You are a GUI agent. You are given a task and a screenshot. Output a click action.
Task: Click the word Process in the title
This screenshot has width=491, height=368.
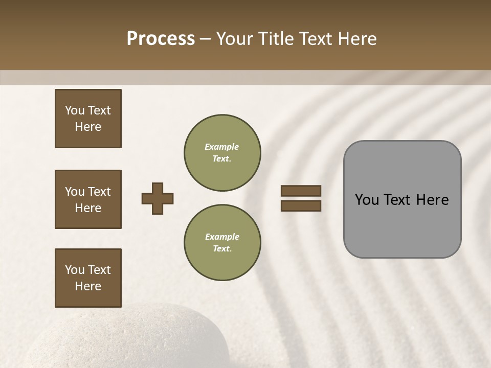(161, 39)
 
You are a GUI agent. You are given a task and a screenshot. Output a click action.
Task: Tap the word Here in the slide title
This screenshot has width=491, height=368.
(355, 39)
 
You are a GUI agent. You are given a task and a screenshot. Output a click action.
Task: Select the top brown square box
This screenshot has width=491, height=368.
(88, 119)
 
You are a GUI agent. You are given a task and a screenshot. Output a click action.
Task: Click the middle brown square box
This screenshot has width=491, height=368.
(88, 199)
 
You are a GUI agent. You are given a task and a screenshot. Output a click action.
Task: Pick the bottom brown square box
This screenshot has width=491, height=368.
(88, 278)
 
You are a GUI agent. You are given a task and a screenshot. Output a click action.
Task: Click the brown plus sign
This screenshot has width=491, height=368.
(158, 199)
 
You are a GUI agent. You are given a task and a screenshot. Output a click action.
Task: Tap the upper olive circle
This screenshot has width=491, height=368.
(222, 153)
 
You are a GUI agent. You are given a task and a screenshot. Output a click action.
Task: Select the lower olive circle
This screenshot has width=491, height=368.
(222, 243)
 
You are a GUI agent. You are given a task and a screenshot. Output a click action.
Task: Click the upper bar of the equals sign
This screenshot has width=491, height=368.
(301, 191)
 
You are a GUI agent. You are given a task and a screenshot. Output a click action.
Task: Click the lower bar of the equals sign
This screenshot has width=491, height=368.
(301, 206)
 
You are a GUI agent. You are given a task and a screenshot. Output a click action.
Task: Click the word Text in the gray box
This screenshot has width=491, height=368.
(397, 200)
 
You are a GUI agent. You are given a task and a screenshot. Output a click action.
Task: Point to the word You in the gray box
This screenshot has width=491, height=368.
(367, 200)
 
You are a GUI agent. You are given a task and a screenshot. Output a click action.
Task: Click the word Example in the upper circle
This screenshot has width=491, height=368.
(222, 147)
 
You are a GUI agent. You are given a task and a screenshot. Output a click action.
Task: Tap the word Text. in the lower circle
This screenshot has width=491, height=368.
(222, 249)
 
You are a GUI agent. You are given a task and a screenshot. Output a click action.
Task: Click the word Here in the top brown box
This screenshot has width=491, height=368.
(88, 127)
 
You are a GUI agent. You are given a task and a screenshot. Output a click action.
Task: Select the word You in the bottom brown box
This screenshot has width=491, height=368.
(75, 270)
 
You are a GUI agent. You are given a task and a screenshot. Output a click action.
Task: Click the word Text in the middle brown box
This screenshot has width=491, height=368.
(99, 192)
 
